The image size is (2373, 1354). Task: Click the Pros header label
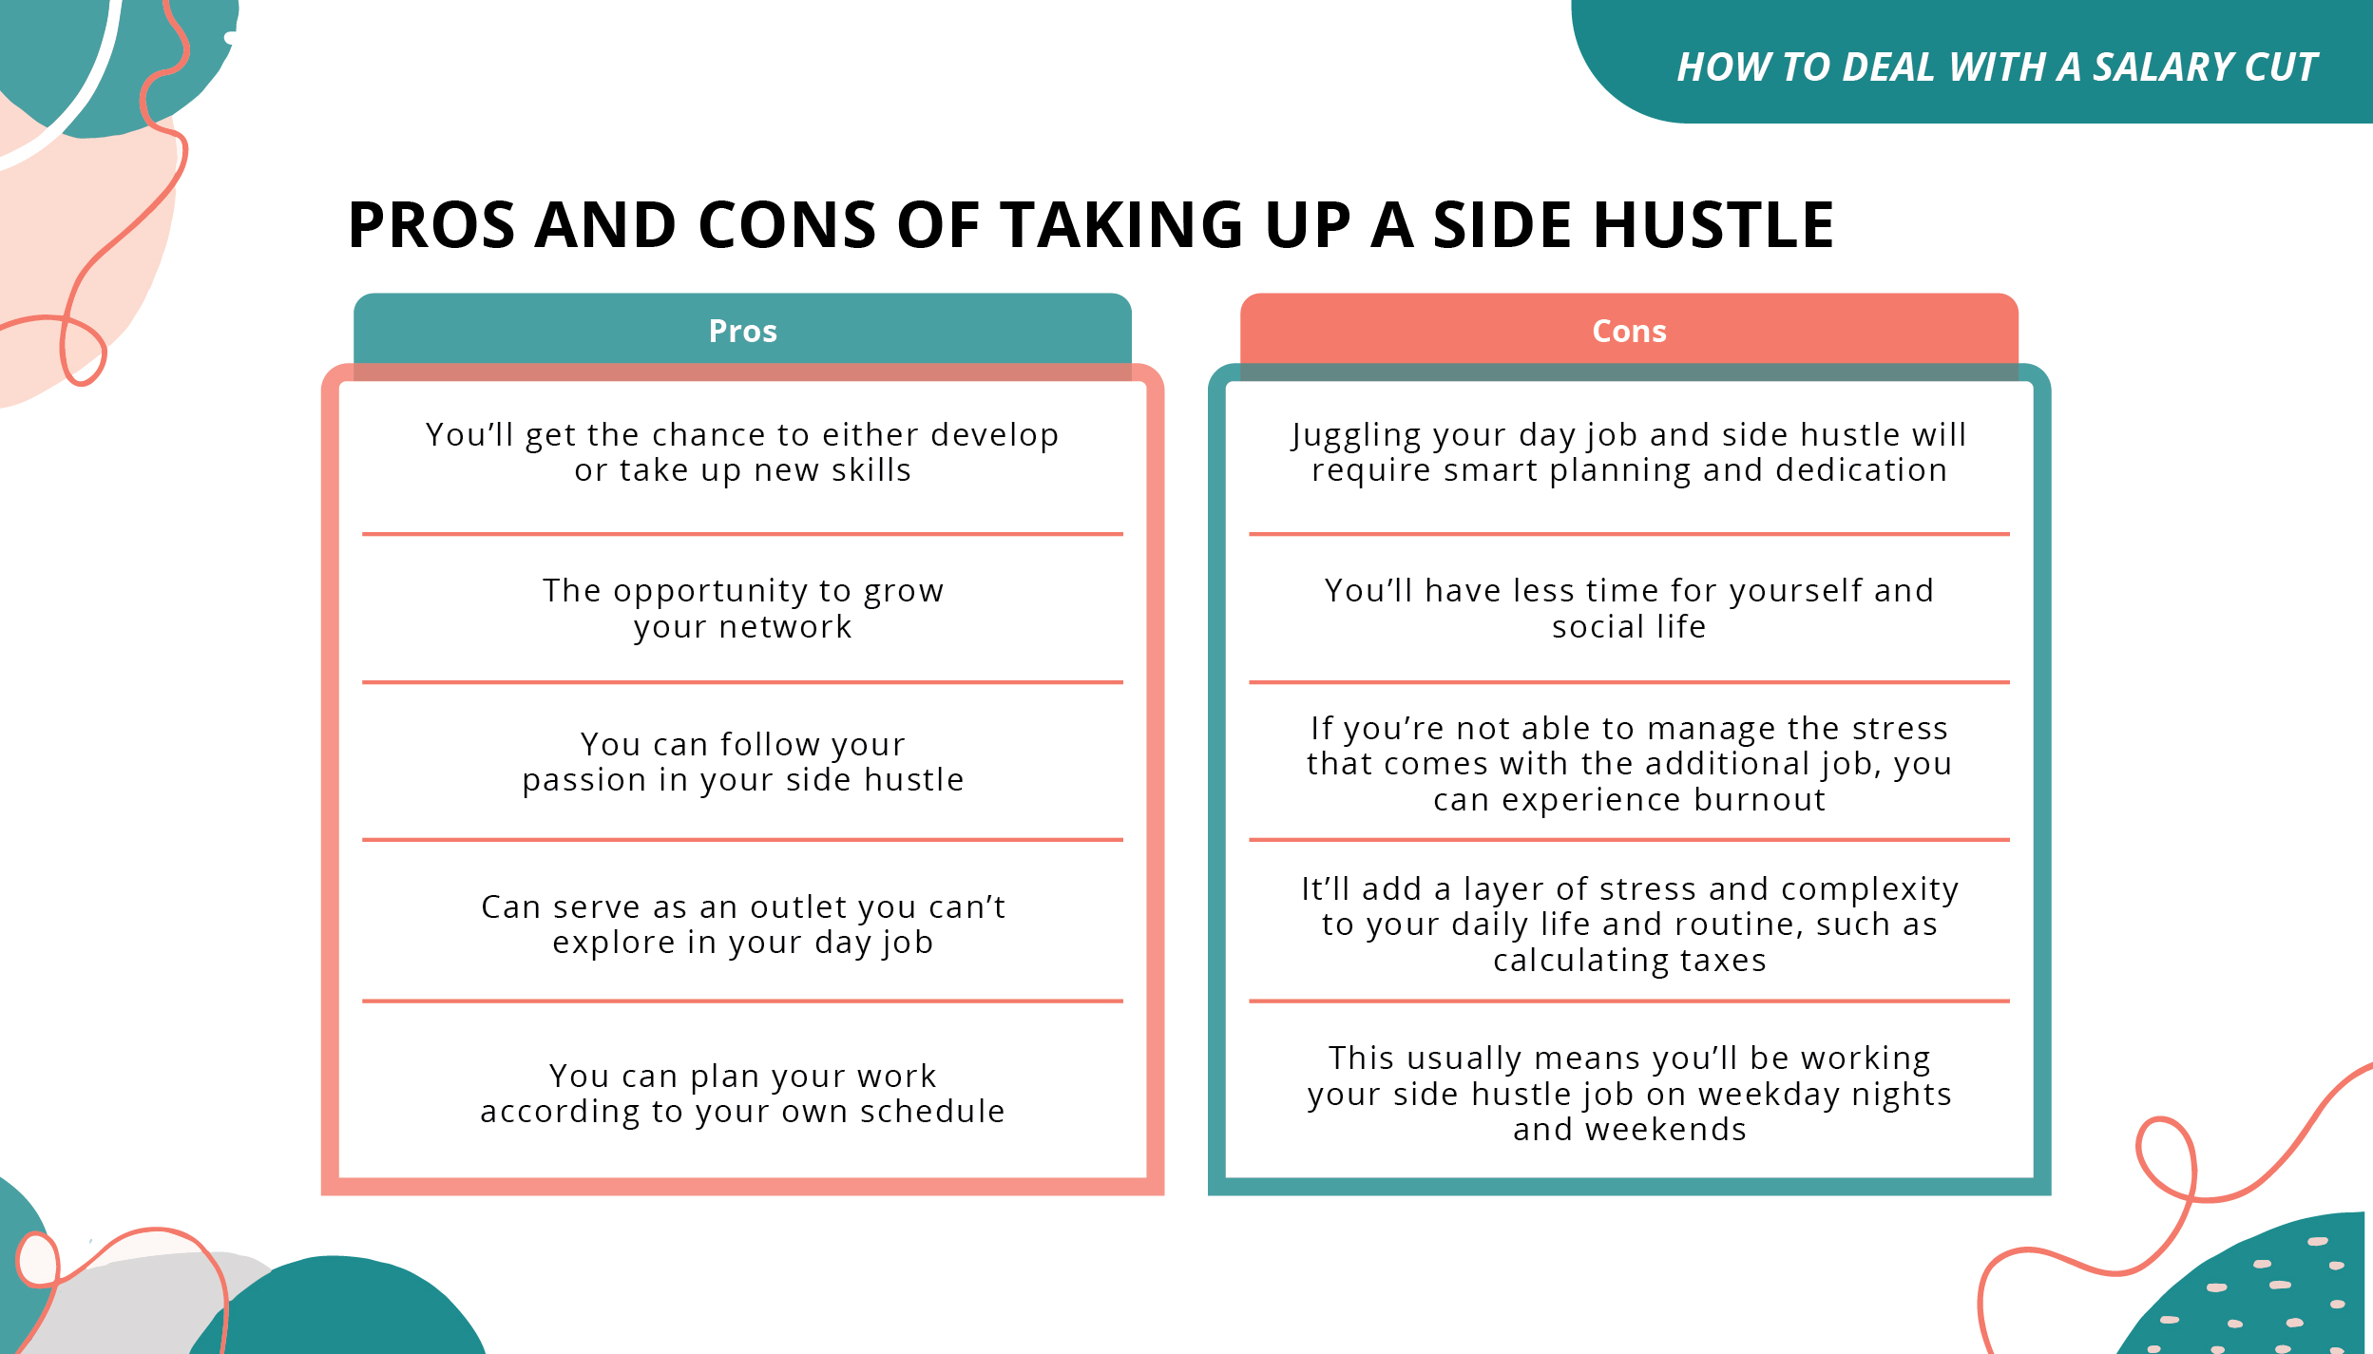click(x=742, y=331)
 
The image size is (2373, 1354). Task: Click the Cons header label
click(x=1629, y=331)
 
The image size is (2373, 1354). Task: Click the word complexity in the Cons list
click(x=1869, y=889)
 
